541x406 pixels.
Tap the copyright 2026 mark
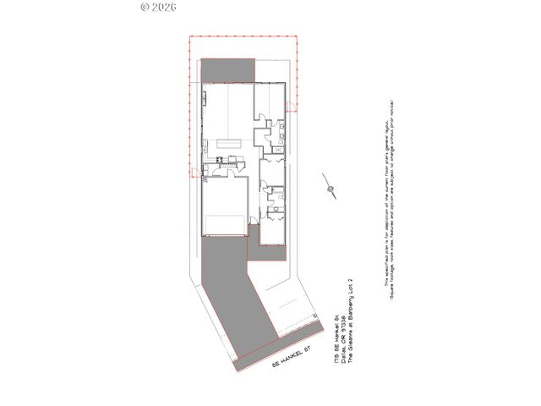pyautogui.click(x=157, y=6)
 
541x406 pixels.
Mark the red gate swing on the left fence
pyautogui.click(x=194, y=174)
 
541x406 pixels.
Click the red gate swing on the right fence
pyautogui.click(x=291, y=106)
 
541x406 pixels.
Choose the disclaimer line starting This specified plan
pyautogui.click(x=387, y=200)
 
